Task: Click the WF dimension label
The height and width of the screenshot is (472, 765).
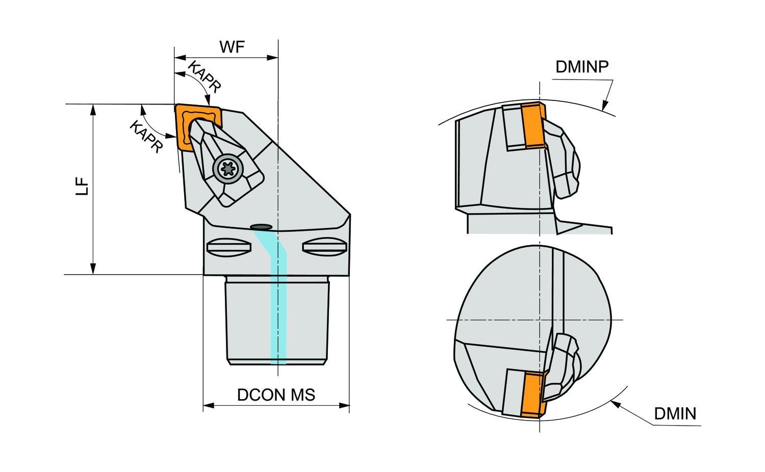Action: (232, 47)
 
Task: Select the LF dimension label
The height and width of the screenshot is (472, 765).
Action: (83, 188)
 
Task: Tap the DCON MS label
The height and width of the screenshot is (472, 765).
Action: (276, 395)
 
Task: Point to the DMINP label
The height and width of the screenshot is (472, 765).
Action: (582, 67)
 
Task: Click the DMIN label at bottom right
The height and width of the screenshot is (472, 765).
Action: (675, 413)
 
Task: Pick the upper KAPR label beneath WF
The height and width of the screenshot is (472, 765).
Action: (205, 77)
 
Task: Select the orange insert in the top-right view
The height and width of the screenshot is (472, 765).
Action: (532, 125)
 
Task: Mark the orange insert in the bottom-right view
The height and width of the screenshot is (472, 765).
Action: (531, 395)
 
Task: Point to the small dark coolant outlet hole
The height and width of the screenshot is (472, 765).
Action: (262, 226)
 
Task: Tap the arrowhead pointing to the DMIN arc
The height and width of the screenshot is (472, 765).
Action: (615, 404)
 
